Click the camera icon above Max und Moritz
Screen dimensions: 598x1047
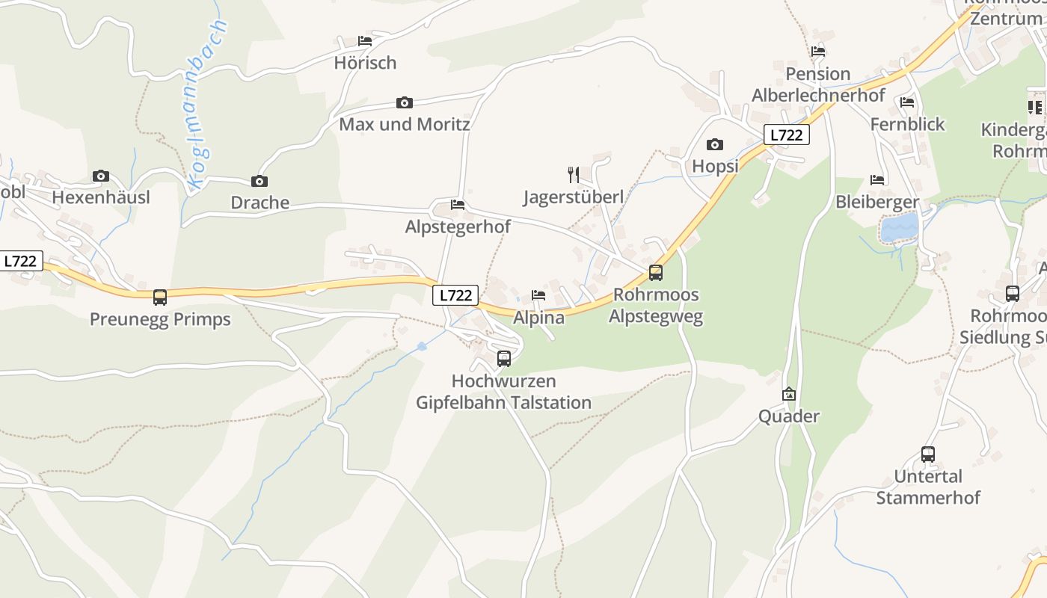pos(404,102)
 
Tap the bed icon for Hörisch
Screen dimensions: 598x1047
pos(365,41)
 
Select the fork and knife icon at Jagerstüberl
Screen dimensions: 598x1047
pos(574,175)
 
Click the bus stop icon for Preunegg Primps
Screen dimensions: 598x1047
pos(160,298)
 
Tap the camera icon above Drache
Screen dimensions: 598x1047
pos(260,181)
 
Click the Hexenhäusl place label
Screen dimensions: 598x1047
pos(101,197)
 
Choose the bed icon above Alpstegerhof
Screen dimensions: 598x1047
pos(458,205)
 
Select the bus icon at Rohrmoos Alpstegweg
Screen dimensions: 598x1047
pos(656,273)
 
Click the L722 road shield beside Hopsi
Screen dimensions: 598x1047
pos(786,135)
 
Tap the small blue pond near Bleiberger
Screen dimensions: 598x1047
pos(899,227)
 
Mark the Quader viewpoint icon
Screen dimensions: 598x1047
pos(789,394)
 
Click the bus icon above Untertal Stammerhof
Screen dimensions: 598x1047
pos(928,454)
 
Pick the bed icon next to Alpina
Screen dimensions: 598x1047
pos(538,295)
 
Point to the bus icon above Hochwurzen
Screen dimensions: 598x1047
pos(504,359)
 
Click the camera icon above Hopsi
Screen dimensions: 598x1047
pos(715,144)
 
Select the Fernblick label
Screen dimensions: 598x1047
pos(907,124)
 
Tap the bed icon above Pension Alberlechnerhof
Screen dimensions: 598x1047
pos(818,52)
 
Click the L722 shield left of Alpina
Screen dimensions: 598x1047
pos(455,295)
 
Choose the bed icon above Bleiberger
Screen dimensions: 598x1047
pos(877,180)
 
